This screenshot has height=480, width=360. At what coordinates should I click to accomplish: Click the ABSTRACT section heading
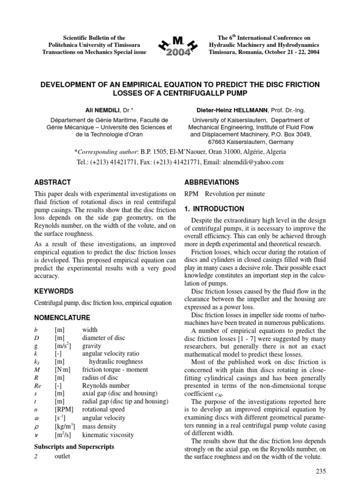pos(53,182)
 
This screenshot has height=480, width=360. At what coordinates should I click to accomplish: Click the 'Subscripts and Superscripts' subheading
pos(75,447)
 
